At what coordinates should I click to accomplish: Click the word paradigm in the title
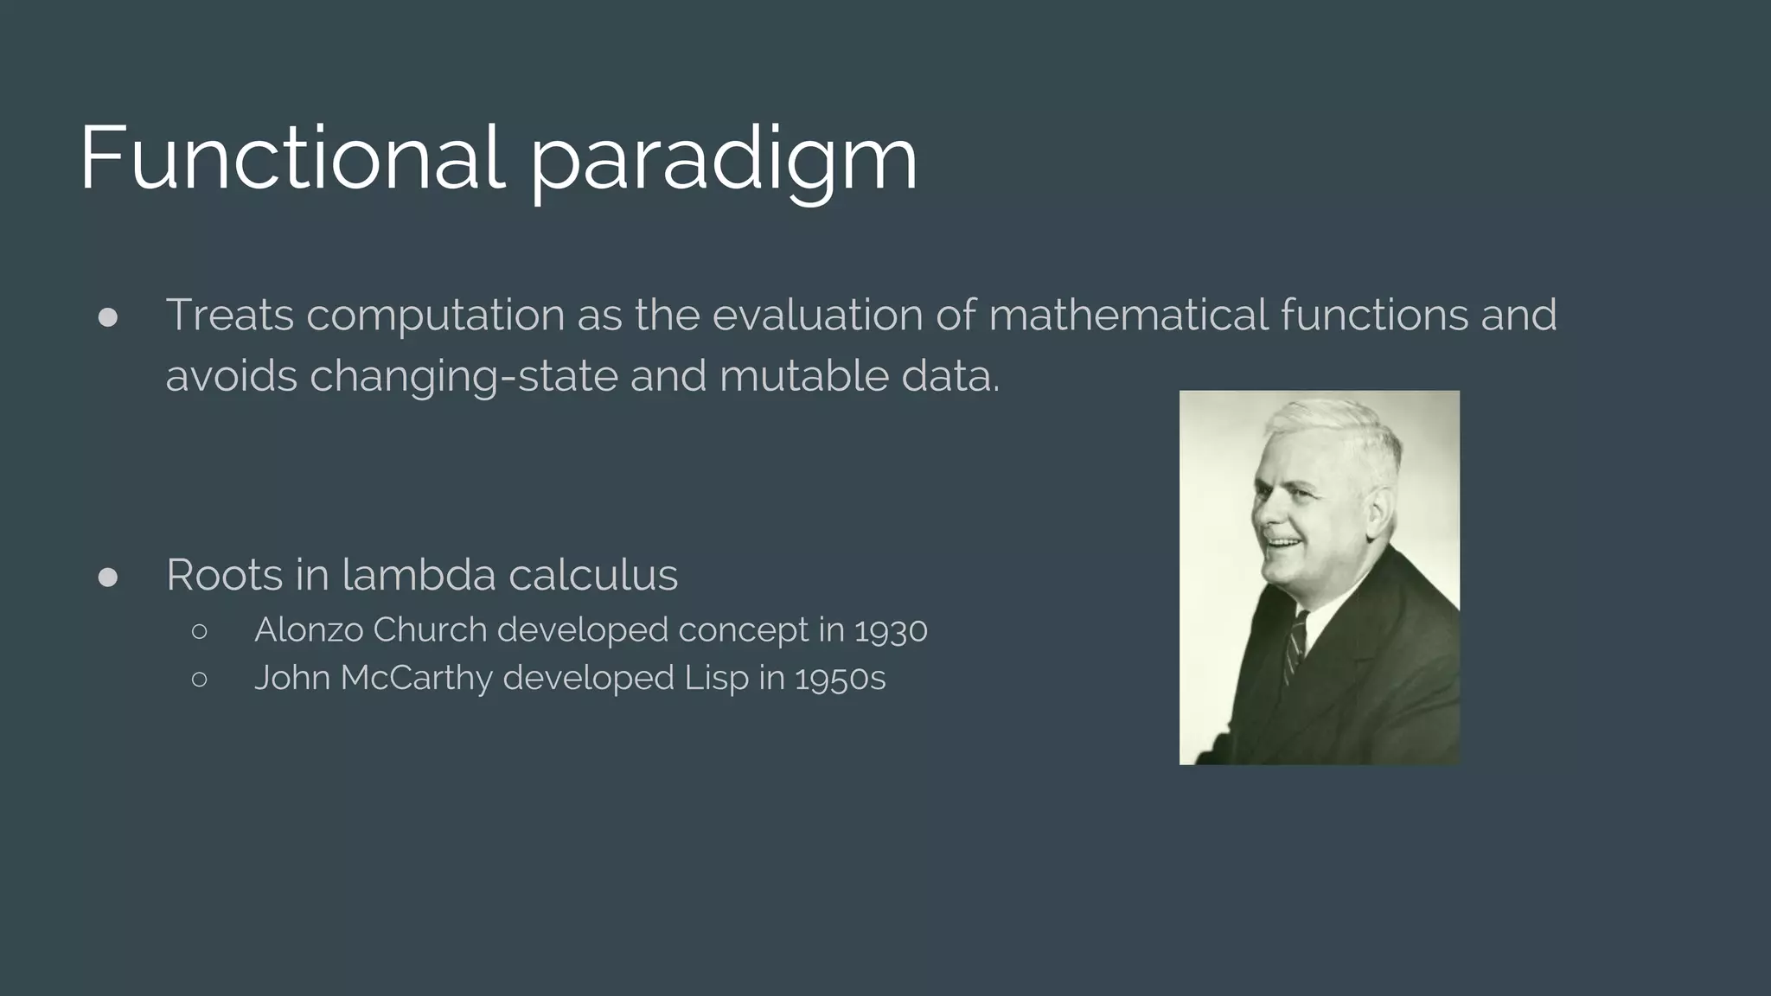point(723,164)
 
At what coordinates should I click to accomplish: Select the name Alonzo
point(309,630)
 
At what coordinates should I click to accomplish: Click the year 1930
point(891,631)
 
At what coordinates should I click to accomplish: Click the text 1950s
point(841,679)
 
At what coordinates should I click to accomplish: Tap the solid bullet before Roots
point(108,578)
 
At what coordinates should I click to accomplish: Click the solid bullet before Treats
point(108,317)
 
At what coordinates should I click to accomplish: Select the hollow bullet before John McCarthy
point(199,680)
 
